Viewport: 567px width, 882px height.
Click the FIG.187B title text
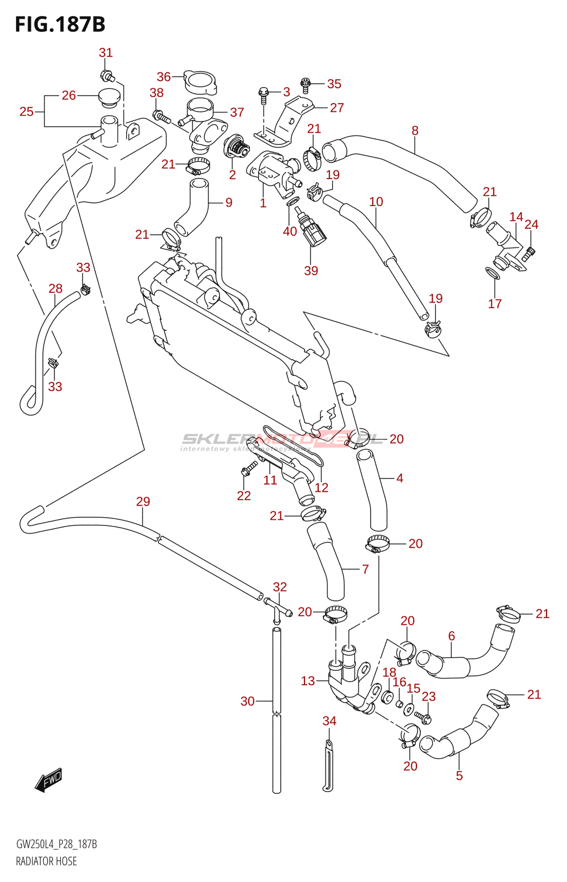point(60,24)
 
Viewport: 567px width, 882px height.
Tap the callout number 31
point(105,52)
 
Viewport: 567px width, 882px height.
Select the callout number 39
point(311,271)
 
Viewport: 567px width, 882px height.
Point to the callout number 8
point(415,130)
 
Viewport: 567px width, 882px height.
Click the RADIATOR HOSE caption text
point(46,861)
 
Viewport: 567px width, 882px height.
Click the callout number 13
point(308,681)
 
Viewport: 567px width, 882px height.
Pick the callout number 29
point(143,501)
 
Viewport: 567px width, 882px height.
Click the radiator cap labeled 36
point(200,83)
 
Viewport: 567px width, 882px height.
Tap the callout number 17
point(495,303)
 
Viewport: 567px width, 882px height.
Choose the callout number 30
point(248,701)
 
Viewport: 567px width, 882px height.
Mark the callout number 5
point(459,776)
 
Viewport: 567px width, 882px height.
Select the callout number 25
point(26,112)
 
